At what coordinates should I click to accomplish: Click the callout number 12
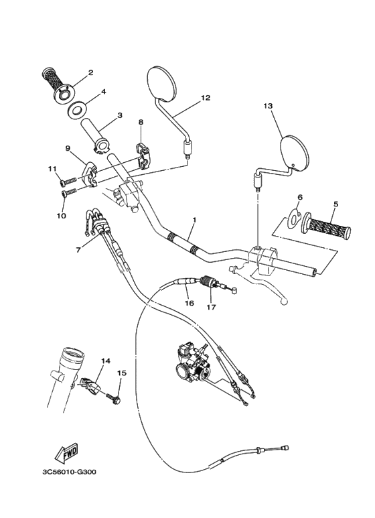[206, 98]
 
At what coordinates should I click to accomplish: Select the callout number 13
[268, 106]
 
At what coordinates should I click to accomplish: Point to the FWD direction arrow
[68, 456]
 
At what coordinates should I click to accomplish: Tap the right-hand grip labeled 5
[326, 225]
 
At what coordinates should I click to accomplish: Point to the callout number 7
[79, 249]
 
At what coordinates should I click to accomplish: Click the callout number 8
[141, 122]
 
